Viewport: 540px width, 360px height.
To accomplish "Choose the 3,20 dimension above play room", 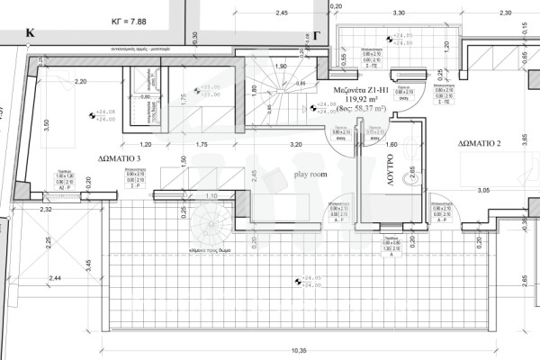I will pyautogui.click(x=294, y=143).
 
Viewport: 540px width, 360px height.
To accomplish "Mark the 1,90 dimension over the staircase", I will pyautogui.click(x=280, y=67).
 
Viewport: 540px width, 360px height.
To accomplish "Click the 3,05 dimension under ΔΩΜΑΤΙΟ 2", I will pyautogui.click(x=483, y=191).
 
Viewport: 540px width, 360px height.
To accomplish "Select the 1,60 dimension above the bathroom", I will pyautogui.click(x=391, y=143).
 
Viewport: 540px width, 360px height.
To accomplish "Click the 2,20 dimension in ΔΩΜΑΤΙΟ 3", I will pyautogui.click(x=80, y=81).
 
